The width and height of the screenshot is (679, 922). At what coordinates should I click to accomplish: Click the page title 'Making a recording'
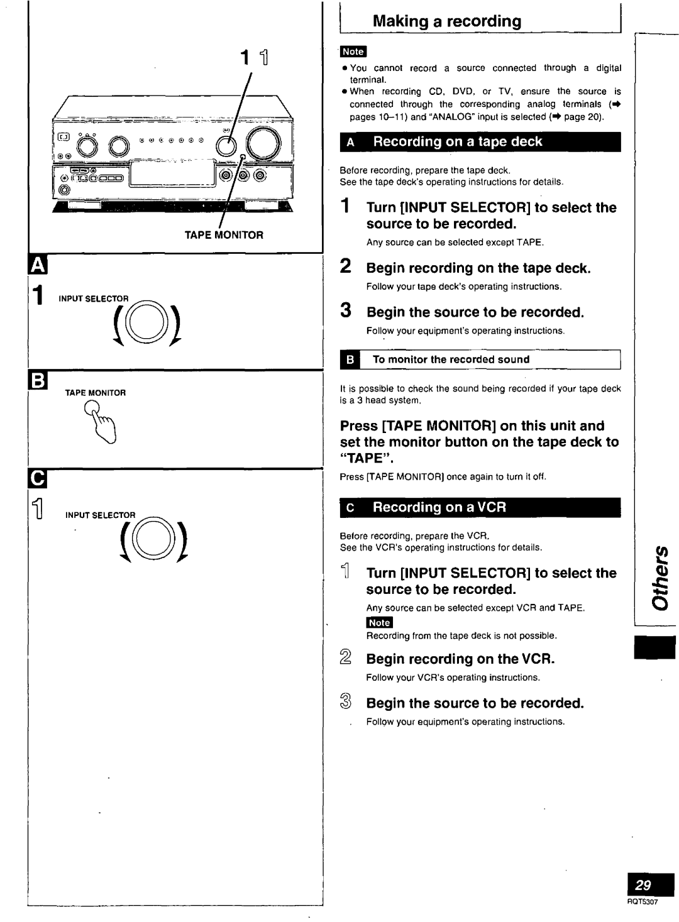pos(447,21)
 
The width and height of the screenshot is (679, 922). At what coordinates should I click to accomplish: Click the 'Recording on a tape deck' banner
pos(480,142)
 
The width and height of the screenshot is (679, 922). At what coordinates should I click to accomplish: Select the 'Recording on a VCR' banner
pos(480,507)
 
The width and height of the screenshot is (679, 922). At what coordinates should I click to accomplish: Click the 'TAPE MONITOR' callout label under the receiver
pos(223,235)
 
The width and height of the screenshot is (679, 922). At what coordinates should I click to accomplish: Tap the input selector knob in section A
pos(148,322)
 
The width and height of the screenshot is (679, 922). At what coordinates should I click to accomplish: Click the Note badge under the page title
pos(353,52)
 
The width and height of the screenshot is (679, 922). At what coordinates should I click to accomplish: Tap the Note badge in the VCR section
pos(379,622)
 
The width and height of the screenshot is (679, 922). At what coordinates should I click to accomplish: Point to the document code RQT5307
pos(642,902)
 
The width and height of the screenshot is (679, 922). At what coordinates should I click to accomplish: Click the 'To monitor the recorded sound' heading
pos(451,359)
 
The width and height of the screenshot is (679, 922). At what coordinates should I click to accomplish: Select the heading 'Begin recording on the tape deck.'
pos(478,268)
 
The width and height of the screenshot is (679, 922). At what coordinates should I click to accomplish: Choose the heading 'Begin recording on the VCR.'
pos(461,659)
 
